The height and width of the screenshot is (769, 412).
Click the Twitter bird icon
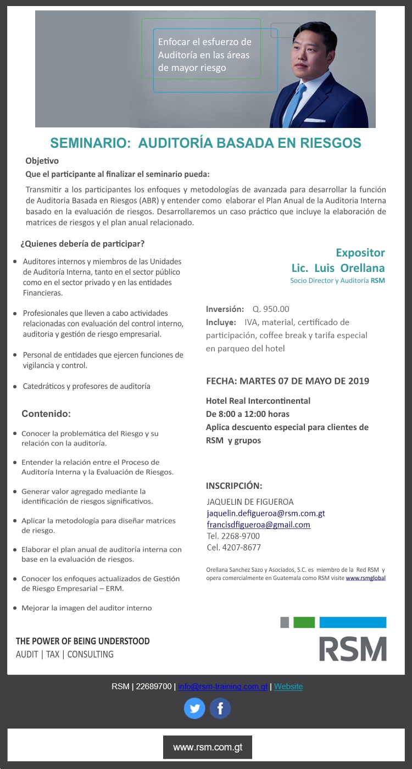coord(194,708)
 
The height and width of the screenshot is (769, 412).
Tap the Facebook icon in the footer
coord(220,708)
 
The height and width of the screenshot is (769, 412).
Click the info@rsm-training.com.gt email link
coord(222,687)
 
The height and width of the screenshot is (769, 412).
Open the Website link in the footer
coord(288,687)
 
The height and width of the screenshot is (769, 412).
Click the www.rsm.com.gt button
coord(207,747)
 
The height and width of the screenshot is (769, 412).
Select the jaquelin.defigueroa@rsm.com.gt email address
coord(266,514)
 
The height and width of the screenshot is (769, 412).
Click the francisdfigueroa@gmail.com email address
coord(258,525)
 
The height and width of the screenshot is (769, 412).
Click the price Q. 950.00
coord(271,309)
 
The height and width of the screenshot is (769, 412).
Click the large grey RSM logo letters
coord(353,649)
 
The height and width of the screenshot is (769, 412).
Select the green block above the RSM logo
coord(304,622)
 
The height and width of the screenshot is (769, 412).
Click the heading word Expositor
coord(360,253)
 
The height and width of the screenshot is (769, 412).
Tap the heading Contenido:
coord(46,414)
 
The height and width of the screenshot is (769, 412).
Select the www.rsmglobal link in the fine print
coord(365,578)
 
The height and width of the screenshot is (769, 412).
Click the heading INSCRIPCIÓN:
coord(234,486)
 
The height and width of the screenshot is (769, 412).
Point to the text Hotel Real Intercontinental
coord(258,401)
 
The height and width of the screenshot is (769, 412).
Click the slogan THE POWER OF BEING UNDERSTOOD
coord(82,641)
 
